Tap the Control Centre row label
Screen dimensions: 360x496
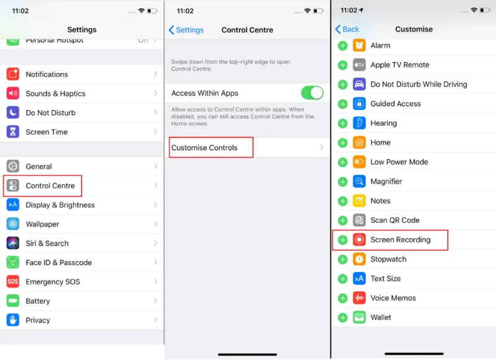point(50,186)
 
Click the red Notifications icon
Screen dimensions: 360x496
point(13,74)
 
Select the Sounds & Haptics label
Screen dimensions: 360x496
point(55,94)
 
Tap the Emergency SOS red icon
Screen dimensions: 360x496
point(13,282)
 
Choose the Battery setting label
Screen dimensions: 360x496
point(38,301)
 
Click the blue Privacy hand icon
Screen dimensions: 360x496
point(13,320)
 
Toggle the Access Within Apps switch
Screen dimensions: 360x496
point(312,93)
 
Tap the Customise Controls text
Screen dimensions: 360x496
point(204,148)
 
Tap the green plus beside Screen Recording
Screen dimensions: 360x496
point(342,240)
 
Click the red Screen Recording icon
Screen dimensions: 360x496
point(360,240)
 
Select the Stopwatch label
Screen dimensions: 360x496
point(388,259)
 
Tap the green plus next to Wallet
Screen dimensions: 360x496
point(342,317)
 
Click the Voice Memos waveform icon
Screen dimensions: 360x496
point(360,298)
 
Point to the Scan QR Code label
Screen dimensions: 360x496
point(395,220)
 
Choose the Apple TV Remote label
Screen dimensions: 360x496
point(399,65)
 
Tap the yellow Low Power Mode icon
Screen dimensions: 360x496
point(360,162)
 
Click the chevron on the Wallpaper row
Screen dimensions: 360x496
point(156,224)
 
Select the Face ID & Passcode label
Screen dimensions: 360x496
point(58,263)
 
